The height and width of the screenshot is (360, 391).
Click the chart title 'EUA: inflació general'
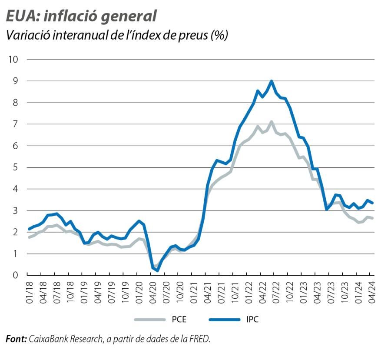click(81, 16)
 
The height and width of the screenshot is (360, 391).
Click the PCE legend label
click(179, 320)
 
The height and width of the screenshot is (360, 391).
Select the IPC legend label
click(252, 320)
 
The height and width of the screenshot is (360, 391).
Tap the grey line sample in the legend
click(150, 320)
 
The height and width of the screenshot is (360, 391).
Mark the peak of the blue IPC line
click(272, 81)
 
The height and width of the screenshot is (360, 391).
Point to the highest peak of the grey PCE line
click(272, 122)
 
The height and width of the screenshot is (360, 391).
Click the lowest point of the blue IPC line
click(157, 270)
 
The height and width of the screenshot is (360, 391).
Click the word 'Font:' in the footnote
click(16, 339)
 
